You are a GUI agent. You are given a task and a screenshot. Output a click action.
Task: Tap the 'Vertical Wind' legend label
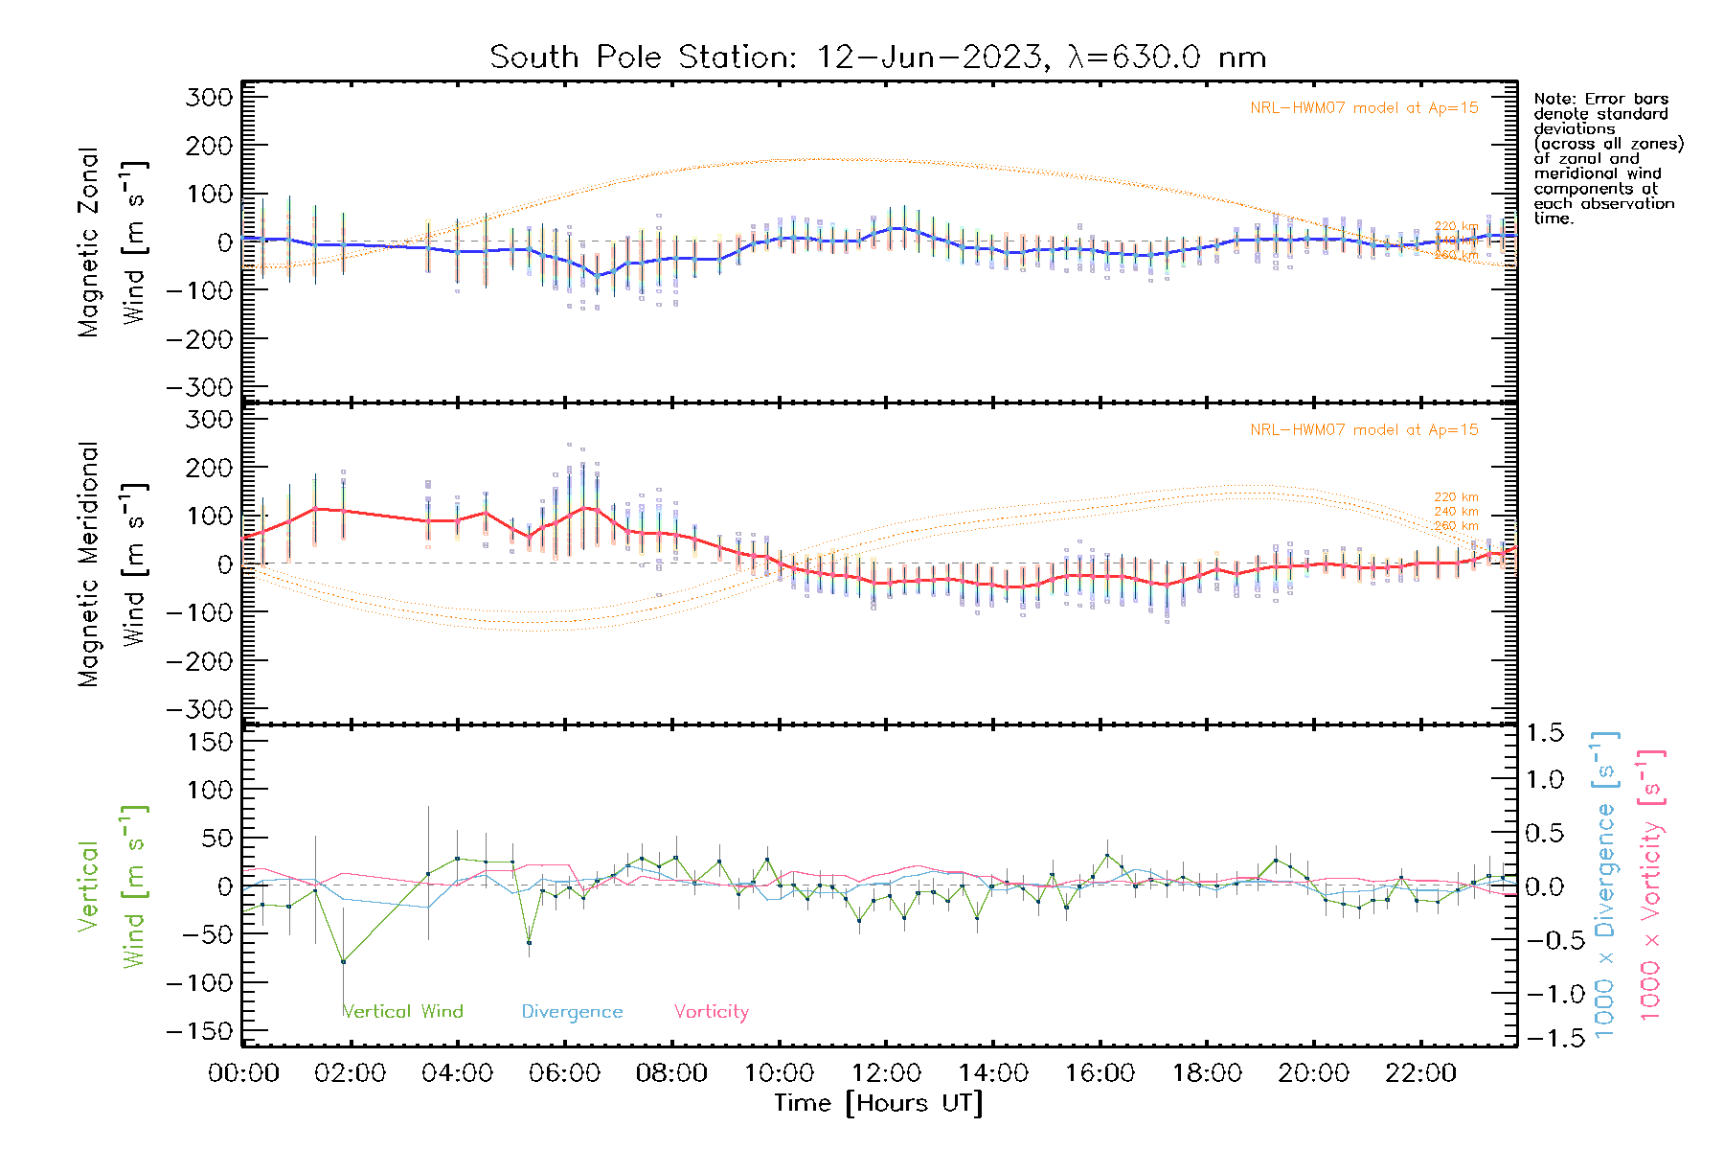403,1011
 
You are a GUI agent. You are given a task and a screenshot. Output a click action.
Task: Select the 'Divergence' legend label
572,1011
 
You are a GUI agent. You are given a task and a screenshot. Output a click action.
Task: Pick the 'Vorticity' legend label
711,1011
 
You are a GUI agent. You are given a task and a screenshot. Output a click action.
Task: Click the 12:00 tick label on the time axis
886,1072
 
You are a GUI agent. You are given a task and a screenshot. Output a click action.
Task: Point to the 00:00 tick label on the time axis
243,1072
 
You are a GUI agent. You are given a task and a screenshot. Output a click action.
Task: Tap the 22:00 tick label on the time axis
1420,1072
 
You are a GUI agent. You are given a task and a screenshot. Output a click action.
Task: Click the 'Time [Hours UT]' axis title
878,1103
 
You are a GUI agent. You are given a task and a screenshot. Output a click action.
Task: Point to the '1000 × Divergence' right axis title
1605,885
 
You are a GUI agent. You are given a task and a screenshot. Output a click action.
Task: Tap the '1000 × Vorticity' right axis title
1650,885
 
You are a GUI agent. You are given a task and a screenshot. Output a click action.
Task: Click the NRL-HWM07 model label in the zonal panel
1364,107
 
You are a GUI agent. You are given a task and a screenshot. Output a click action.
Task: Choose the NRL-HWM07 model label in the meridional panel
1364,429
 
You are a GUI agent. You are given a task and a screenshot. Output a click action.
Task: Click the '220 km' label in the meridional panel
1456,496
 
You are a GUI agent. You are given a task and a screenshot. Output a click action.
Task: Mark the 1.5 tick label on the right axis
1545,733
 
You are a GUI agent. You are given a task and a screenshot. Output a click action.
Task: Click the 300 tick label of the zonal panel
210,97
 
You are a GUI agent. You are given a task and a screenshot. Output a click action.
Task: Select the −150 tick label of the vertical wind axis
199,1031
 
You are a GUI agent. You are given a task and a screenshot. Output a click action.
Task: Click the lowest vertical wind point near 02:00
343,961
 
